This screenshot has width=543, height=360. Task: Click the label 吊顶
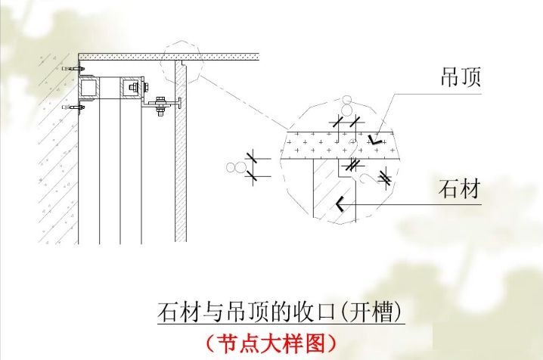(x=461, y=77)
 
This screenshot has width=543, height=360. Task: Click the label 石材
(x=459, y=189)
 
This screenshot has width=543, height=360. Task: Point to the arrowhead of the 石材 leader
(x=340, y=203)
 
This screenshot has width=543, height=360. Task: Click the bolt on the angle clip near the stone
(x=160, y=106)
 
